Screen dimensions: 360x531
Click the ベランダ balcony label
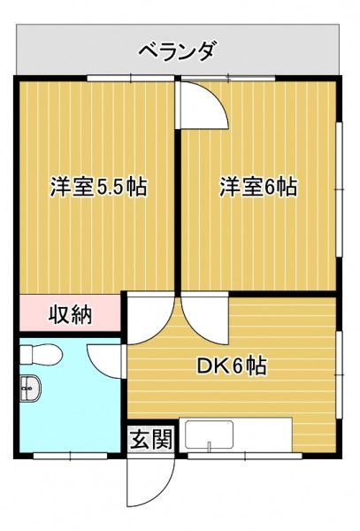pyautogui.click(x=176, y=52)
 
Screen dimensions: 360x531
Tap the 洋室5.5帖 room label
pyautogui.click(x=99, y=186)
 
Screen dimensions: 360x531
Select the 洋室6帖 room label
pyautogui.click(x=259, y=186)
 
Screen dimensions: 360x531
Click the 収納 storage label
pyautogui.click(x=71, y=314)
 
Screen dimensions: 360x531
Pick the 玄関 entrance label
pyautogui.click(x=151, y=439)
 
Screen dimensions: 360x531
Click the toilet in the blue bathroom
pyautogui.click(x=41, y=355)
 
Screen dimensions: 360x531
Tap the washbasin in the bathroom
pyautogui.click(x=30, y=389)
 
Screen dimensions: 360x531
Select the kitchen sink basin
pyautogui.click(x=209, y=435)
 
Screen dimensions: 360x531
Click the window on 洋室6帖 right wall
pyautogui.click(x=340, y=189)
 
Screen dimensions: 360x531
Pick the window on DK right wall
pyautogui.click(x=340, y=374)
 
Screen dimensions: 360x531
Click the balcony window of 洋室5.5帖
pyautogui.click(x=131, y=78)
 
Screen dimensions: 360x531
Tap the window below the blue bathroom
pyautogui.click(x=71, y=456)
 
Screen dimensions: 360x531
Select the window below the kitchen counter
pyautogui.click(x=245, y=456)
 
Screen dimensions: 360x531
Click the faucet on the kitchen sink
pyautogui.click(x=209, y=446)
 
